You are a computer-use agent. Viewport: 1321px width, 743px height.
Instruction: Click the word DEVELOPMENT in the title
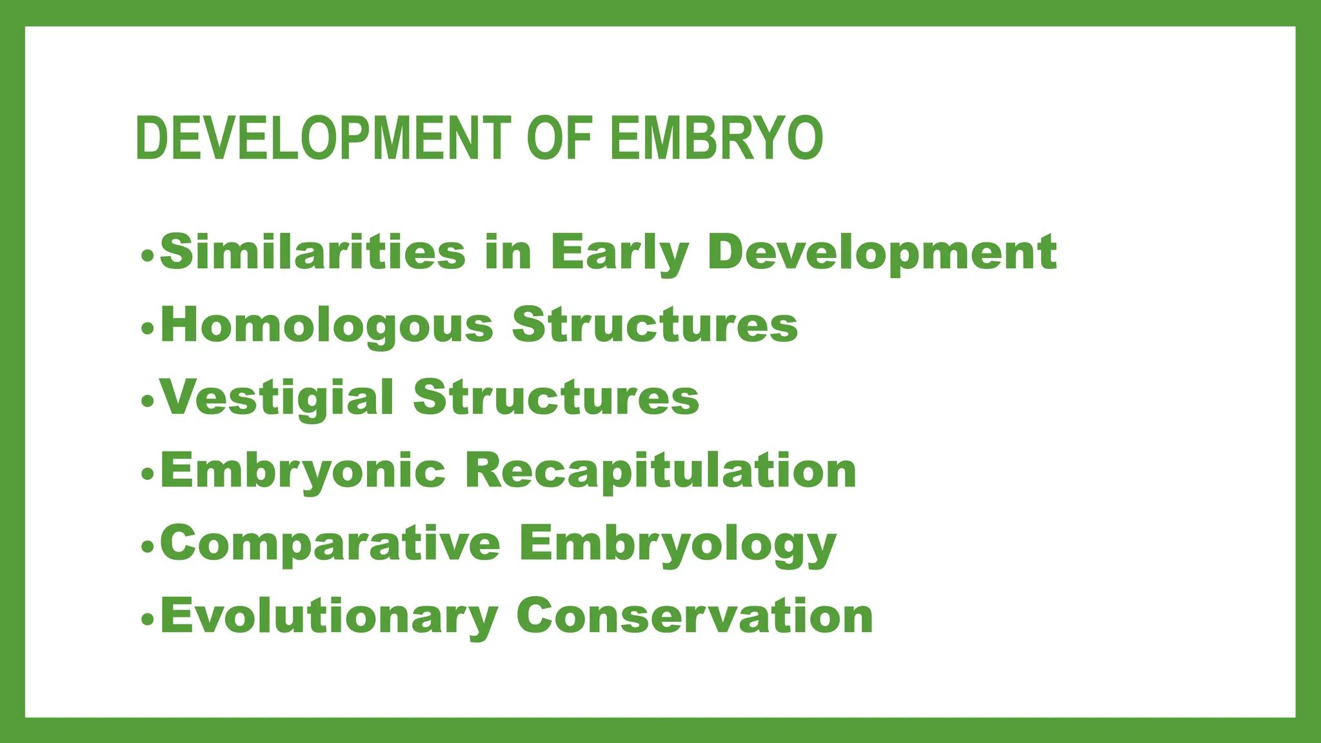(323, 138)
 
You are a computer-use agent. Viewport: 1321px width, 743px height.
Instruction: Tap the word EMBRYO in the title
(716, 138)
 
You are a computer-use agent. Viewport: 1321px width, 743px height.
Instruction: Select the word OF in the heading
(559, 138)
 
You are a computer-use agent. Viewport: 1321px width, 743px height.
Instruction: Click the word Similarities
(313, 252)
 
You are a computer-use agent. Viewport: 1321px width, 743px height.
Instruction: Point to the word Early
(619, 253)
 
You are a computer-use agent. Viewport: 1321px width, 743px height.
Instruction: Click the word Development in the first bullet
(882, 253)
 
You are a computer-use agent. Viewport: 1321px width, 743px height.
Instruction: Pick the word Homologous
(327, 326)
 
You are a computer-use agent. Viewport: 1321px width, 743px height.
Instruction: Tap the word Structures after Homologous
(655, 325)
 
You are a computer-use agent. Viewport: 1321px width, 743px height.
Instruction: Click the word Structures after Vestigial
(556, 397)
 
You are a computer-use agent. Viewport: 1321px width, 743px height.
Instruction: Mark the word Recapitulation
(660, 471)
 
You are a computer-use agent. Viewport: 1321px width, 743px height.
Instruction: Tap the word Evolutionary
(329, 617)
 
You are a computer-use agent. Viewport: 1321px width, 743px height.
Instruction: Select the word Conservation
(695, 616)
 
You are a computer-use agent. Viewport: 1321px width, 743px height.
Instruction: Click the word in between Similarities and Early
(508, 252)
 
